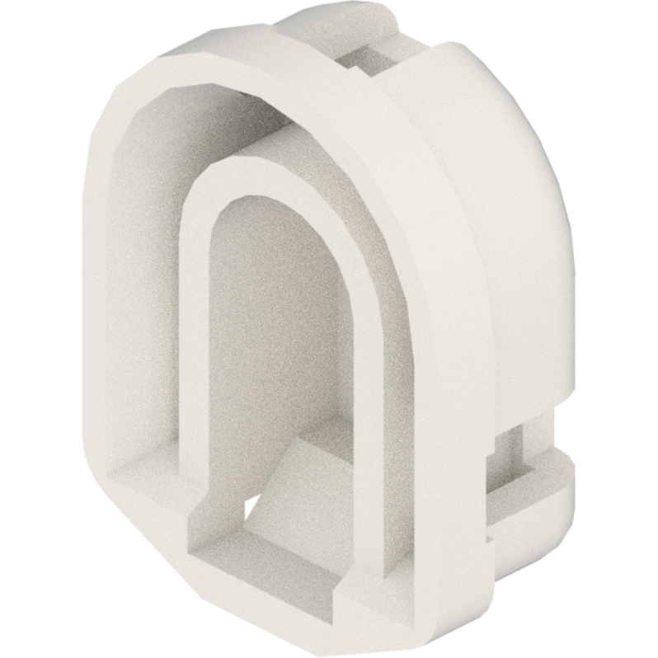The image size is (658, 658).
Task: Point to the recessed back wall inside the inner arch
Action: click(272, 330)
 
